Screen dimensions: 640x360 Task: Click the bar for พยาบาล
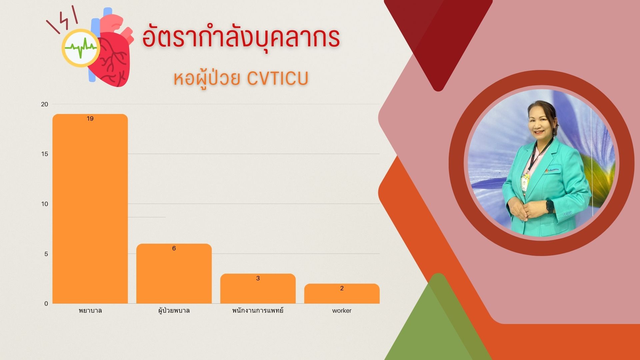90,209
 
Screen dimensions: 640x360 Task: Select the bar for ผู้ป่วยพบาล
174,274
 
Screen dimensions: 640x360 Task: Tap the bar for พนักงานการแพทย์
258,289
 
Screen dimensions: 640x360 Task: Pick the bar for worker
342,294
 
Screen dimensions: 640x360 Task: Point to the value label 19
90,119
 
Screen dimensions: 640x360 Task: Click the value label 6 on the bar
174,248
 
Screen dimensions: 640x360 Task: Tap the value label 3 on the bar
258,278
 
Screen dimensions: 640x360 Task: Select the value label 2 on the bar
342,288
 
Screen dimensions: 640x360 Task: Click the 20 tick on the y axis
45,104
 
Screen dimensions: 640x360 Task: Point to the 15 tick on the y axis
45,154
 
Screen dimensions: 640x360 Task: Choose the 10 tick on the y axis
45,204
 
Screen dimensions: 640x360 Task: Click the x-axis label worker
342,311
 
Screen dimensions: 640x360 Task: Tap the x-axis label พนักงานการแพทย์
258,310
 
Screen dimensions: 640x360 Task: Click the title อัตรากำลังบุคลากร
241,37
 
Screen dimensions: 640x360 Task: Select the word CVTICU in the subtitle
278,79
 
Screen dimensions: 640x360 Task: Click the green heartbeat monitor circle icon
81,48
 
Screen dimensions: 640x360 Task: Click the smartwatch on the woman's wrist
550,206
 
